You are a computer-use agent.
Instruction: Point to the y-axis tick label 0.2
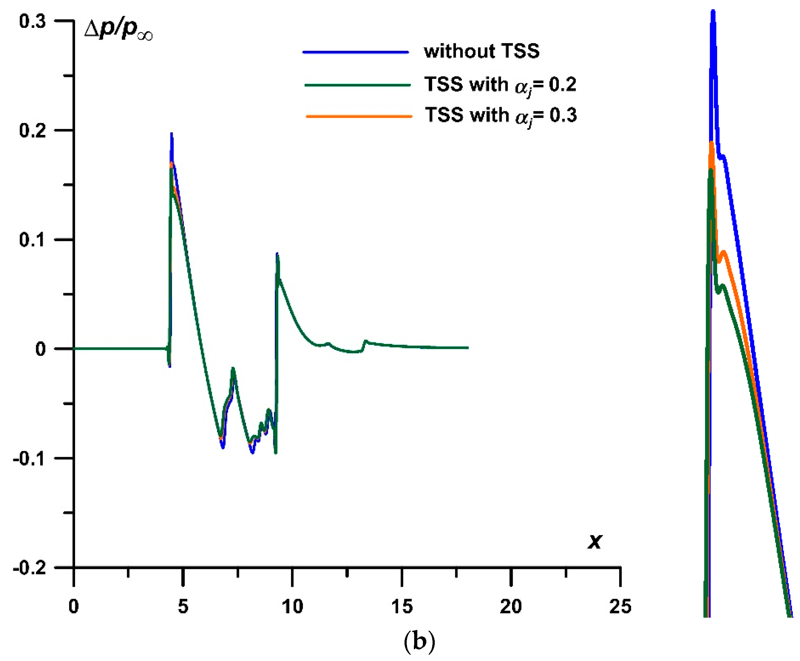(x=32, y=131)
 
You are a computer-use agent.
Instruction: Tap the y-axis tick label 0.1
(x=32, y=240)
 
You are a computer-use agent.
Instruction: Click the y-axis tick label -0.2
(x=29, y=568)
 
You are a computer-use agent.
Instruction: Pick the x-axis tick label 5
(x=183, y=606)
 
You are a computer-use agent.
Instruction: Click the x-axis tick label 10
(x=292, y=606)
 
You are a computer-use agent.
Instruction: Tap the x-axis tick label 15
(x=401, y=606)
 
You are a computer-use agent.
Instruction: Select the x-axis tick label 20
(x=510, y=606)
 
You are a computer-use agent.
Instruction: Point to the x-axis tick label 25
(x=620, y=606)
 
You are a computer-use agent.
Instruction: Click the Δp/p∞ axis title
(x=118, y=31)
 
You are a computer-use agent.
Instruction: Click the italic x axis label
(x=595, y=541)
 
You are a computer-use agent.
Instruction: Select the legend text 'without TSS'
(x=481, y=51)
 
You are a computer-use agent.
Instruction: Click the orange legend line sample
(x=359, y=116)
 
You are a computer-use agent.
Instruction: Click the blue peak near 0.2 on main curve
(x=172, y=134)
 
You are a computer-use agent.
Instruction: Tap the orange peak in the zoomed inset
(x=711, y=143)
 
